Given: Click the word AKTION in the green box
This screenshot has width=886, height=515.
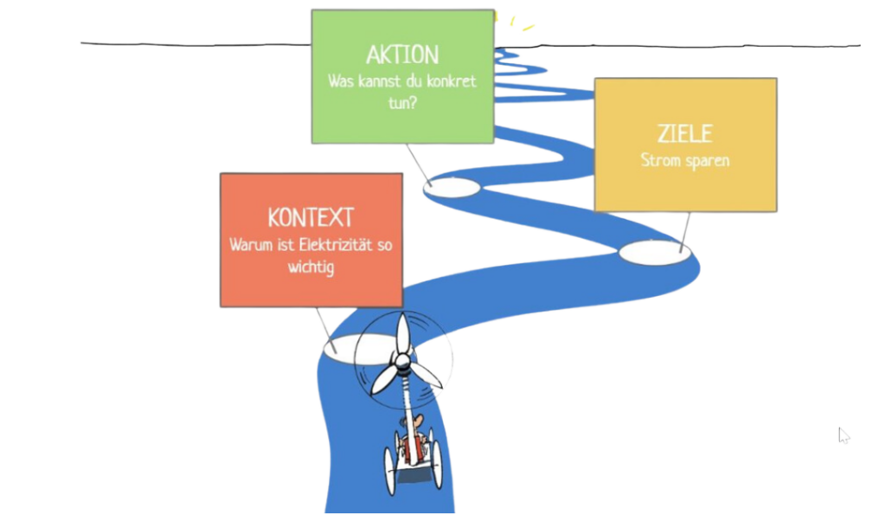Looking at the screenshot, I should (x=402, y=55).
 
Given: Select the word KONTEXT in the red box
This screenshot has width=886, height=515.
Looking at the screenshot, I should (x=311, y=217).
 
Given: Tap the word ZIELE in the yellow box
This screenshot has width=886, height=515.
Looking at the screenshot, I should (x=684, y=134).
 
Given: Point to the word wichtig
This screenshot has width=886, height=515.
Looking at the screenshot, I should (x=311, y=267).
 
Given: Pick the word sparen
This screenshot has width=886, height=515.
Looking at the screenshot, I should (x=706, y=161).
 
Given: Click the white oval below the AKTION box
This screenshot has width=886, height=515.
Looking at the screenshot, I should (x=450, y=187).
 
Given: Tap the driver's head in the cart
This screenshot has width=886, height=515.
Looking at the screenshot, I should (x=417, y=422).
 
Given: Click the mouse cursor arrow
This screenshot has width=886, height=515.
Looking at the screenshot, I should (x=843, y=434).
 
